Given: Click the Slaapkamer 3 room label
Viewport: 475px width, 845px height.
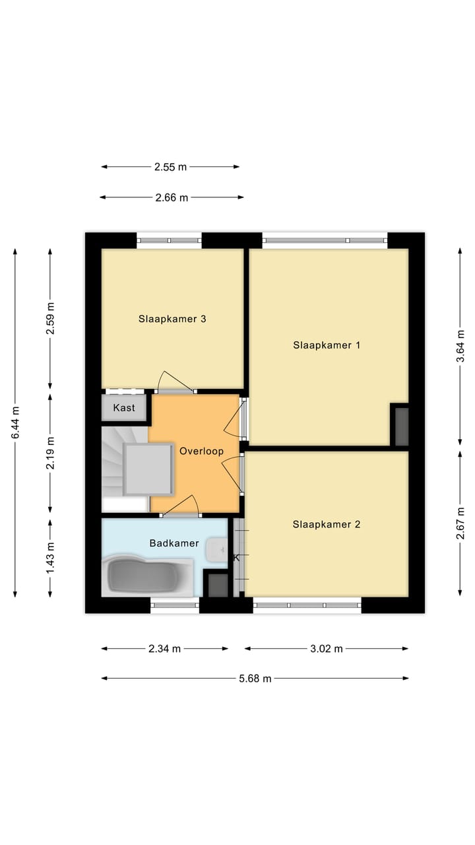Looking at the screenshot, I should (172, 319).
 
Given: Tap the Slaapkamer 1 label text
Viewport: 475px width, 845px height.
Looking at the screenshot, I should (327, 345).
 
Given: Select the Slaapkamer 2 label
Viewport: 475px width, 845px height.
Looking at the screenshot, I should (327, 525).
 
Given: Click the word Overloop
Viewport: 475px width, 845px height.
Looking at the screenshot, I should (201, 452).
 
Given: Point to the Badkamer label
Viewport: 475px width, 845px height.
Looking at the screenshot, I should (174, 543).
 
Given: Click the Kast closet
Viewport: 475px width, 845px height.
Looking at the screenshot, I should (124, 408).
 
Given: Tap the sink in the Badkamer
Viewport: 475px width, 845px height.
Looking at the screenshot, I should (216, 550).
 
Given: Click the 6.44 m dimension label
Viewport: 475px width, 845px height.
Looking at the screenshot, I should (15, 422).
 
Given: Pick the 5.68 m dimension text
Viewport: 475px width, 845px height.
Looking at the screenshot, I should (255, 678).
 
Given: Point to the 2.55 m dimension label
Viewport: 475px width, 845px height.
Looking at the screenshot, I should (171, 167).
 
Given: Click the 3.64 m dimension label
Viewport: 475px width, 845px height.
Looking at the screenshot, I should (461, 346).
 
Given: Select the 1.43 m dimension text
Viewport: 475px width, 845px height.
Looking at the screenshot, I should (50, 558).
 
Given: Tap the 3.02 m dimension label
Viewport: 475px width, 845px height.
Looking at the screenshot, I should (327, 649).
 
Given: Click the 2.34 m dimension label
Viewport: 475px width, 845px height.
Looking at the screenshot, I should (164, 649).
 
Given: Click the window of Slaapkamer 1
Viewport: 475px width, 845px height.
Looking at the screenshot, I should (325, 240).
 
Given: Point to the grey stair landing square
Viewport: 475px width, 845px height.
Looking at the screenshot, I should (149, 469).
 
